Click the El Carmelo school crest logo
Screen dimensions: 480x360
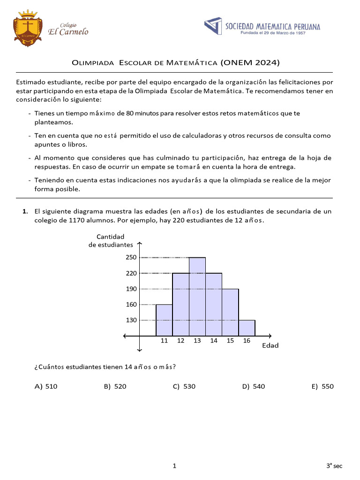(28, 28)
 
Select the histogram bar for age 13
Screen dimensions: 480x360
(197, 296)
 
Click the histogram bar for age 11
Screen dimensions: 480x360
(164, 320)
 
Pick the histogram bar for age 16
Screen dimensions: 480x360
(247, 328)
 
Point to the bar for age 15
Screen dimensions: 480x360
(230, 312)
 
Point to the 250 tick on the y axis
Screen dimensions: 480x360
(131, 257)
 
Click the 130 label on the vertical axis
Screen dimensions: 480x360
(131, 320)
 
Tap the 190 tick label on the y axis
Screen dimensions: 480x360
(131, 289)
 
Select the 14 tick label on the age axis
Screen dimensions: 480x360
(214, 341)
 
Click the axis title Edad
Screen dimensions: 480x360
(270, 346)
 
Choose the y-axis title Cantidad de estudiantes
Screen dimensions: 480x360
(111, 241)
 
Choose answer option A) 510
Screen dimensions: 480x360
(46, 387)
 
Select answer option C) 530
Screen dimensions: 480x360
(184, 387)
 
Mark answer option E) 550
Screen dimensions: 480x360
(322, 387)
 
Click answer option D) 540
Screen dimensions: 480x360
(254, 387)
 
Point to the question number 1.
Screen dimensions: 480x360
(25, 211)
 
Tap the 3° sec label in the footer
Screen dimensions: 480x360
(335, 466)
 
